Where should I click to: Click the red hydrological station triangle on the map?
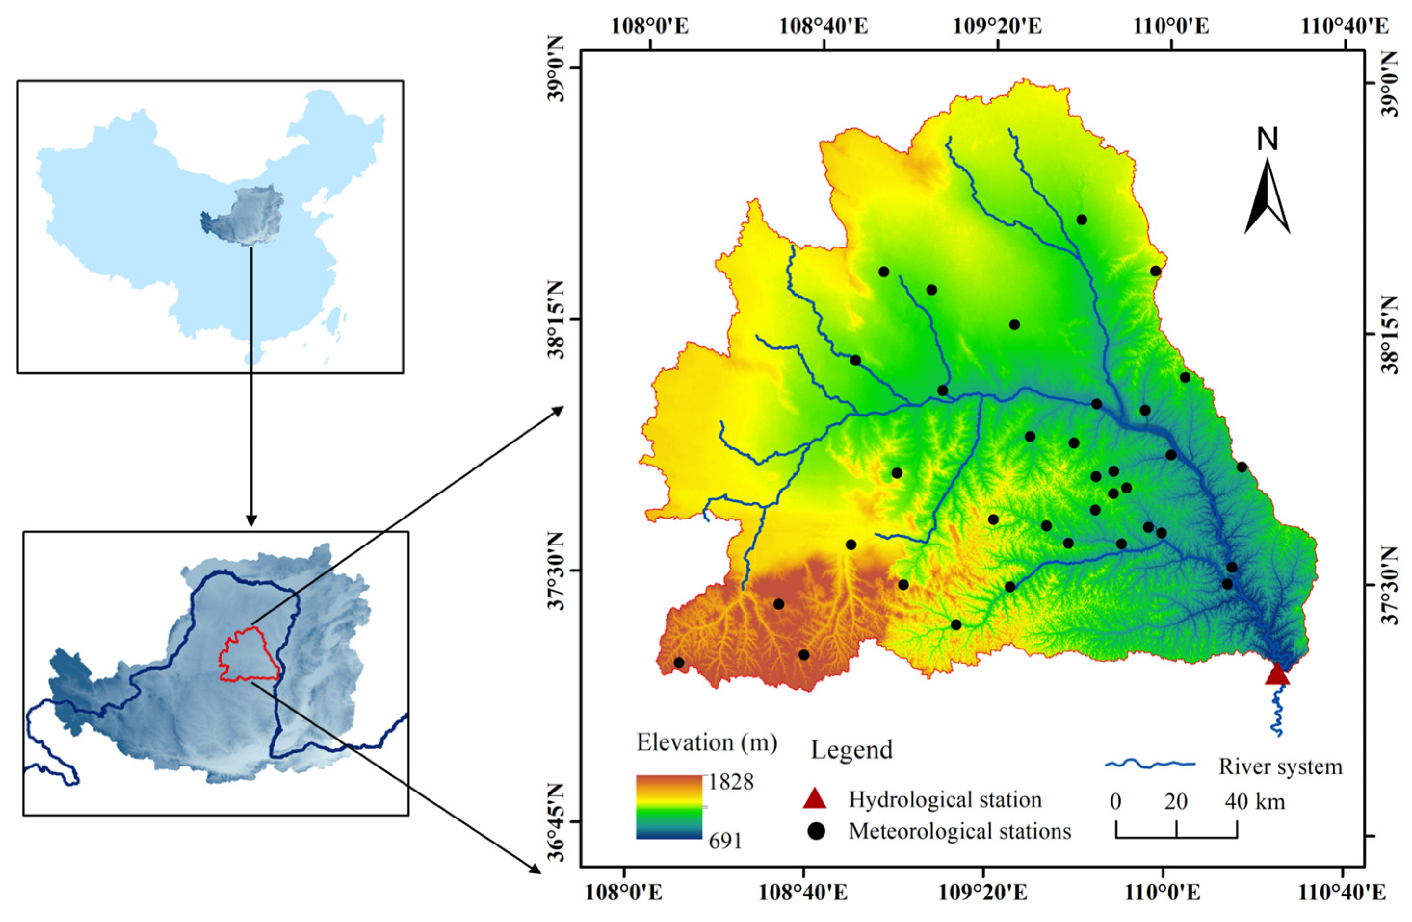coord(1277,675)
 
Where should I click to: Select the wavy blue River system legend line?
coord(1150,764)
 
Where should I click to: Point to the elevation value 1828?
coord(731,782)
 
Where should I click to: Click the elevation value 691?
coord(725,840)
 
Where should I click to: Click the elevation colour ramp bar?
coord(668,807)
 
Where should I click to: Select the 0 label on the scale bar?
coord(1115,802)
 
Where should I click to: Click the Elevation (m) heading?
coord(706,743)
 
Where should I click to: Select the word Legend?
coord(851,751)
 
